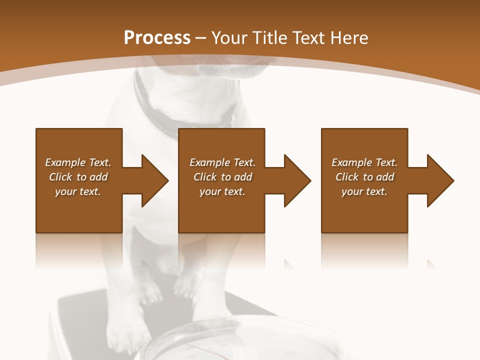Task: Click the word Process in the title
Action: pyautogui.click(x=157, y=38)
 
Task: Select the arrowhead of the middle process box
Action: pyautogui.click(x=296, y=180)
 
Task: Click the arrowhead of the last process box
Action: pyautogui.click(x=439, y=180)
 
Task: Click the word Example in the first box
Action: pyautogui.click(x=65, y=162)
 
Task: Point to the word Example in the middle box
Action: pyautogui.click(x=209, y=162)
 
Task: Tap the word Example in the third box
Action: pyautogui.click(x=351, y=162)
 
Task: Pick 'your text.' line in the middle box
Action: pyautogui.click(x=222, y=191)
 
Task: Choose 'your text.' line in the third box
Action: pyautogui.click(x=364, y=191)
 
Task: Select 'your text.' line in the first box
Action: pyautogui.click(x=77, y=191)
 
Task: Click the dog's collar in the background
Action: pyautogui.click(x=165, y=117)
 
